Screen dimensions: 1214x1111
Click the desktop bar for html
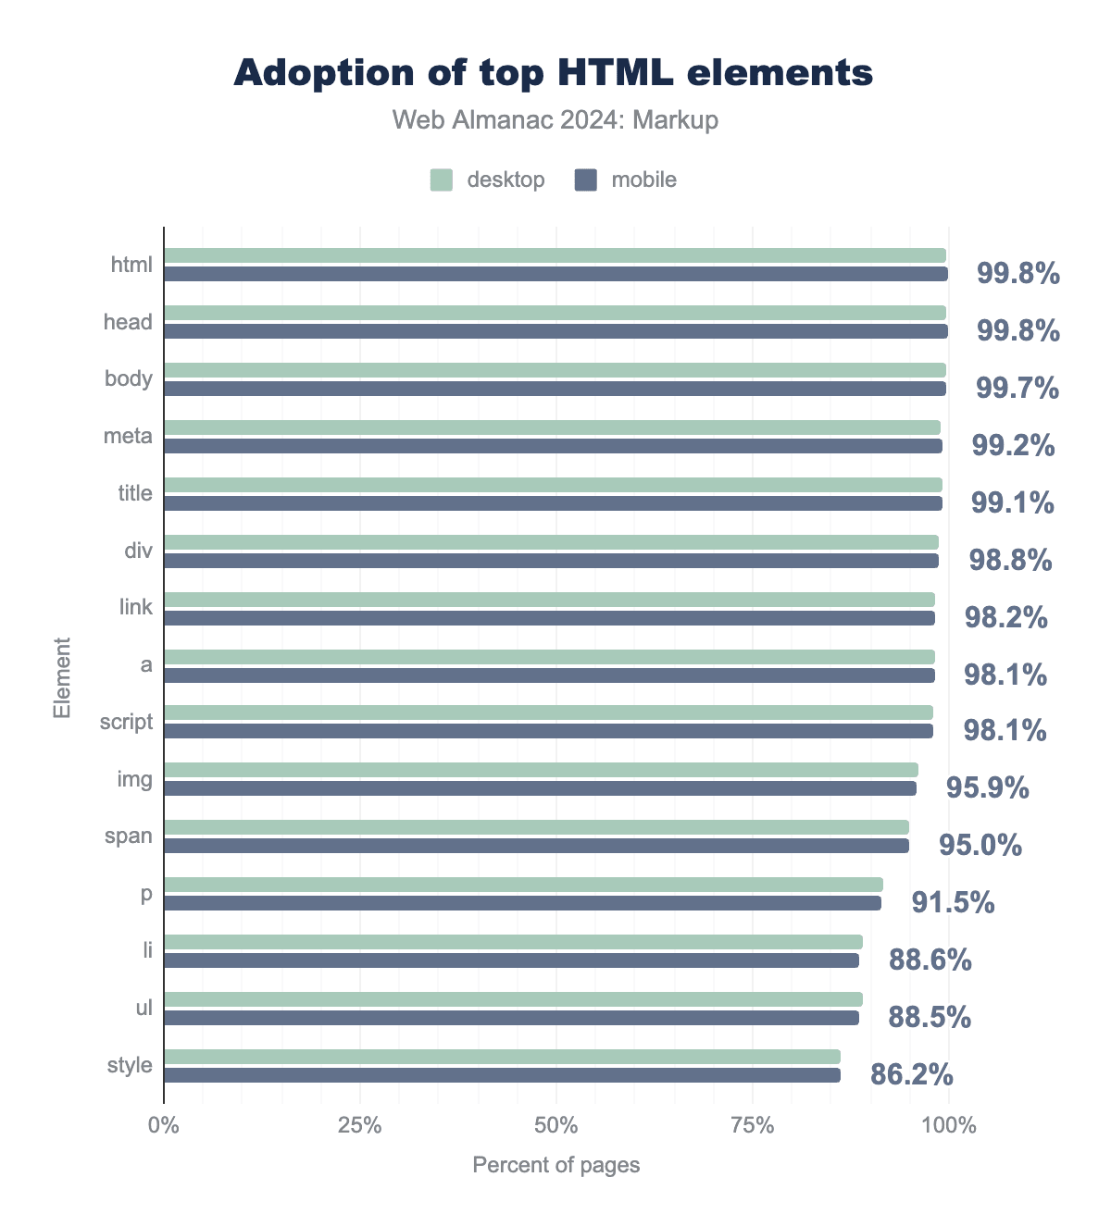555,255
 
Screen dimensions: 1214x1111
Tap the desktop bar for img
541,770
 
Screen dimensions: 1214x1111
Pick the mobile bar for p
522,903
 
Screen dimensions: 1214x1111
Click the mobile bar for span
536,846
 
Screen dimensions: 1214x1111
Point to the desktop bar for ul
513,999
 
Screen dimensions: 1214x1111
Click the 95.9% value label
987,787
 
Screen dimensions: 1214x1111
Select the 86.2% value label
911,1074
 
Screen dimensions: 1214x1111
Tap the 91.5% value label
953,902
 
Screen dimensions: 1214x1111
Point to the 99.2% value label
1013,446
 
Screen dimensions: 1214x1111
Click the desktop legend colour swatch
442,180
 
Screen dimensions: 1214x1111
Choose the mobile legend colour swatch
586,180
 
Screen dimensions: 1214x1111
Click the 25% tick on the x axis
360,1126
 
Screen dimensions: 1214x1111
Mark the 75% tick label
753,1126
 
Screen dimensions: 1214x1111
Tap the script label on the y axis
126,722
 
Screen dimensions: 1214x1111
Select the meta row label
128,435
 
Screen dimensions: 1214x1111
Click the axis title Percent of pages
555,1165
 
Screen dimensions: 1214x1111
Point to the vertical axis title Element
62,677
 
